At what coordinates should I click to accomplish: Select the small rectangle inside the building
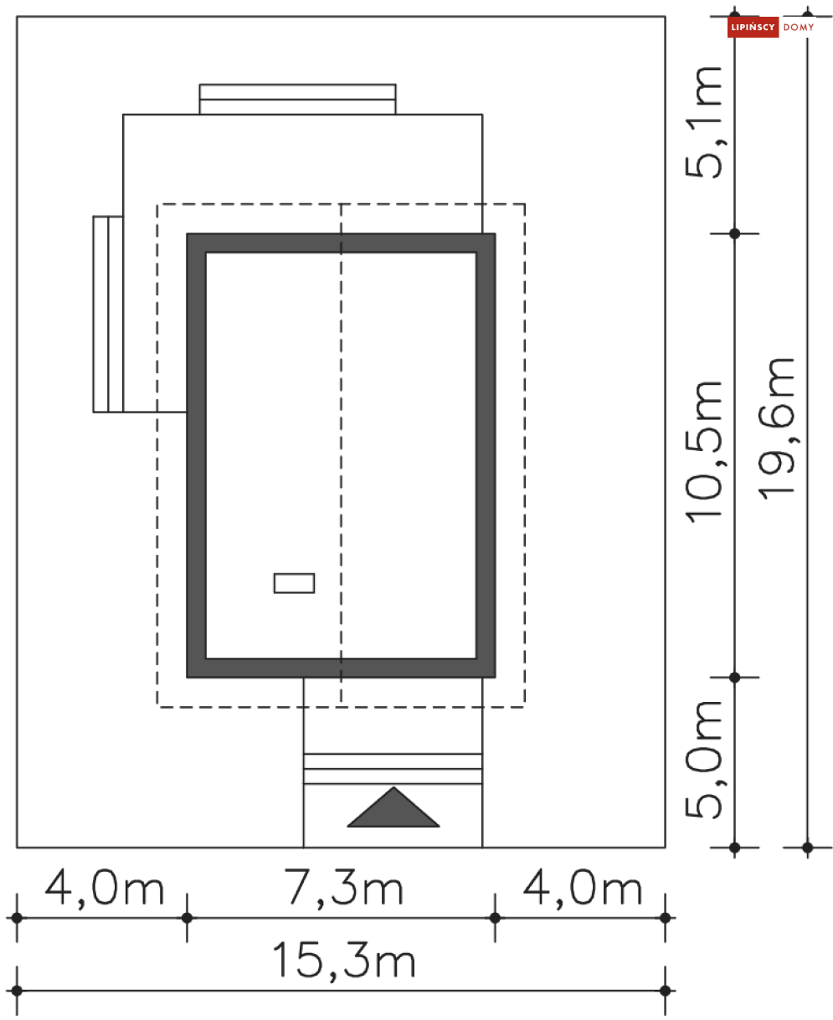point(294,582)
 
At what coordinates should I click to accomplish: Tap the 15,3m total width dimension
point(343,961)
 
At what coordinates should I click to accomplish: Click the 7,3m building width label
point(343,888)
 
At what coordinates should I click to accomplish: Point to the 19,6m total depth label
point(776,429)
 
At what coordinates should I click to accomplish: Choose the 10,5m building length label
point(704,452)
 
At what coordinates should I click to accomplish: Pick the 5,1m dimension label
point(704,122)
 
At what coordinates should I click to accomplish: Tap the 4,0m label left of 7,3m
point(105,888)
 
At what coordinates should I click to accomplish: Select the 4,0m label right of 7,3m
point(583,888)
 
